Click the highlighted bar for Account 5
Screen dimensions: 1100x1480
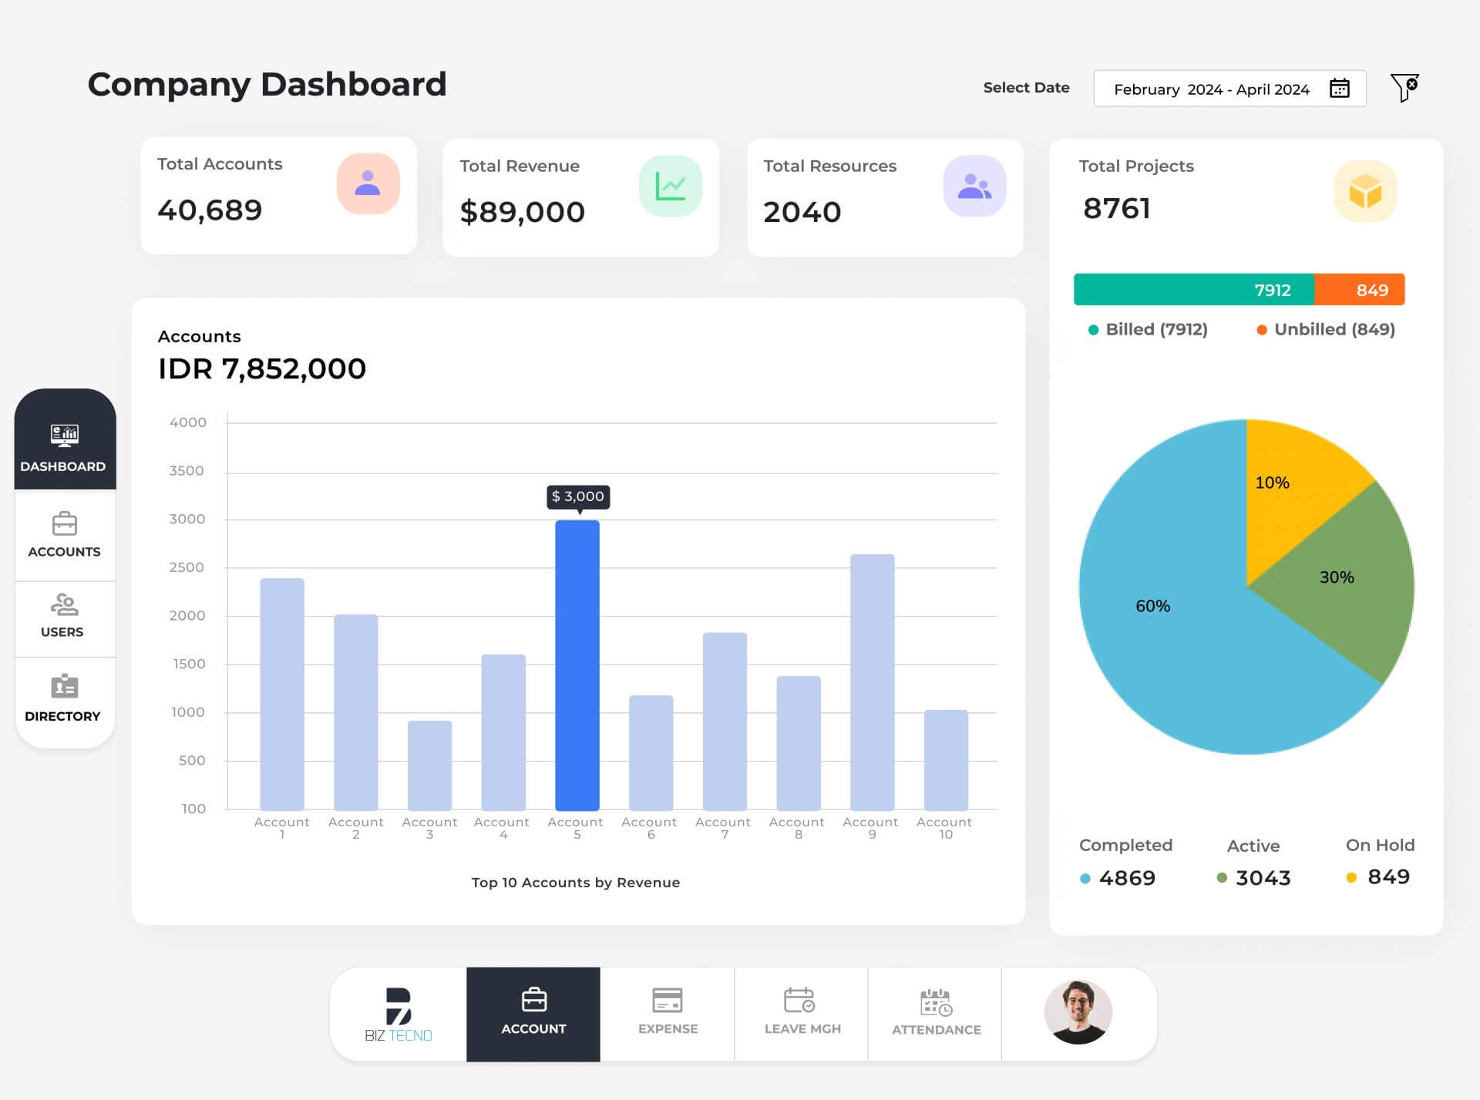click(577, 664)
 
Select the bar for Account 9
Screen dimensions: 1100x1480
click(872, 681)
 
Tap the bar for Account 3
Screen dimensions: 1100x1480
click(429, 765)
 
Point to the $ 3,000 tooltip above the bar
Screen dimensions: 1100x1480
click(578, 496)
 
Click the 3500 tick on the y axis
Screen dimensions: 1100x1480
click(187, 471)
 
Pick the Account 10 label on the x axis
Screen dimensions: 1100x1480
click(944, 827)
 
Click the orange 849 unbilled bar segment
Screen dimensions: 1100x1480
click(1360, 290)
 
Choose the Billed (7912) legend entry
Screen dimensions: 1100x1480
click(1149, 330)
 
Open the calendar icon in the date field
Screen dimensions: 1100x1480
click(1340, 89)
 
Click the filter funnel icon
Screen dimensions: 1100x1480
click(1404, 87)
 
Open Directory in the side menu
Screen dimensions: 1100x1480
click(64, 698)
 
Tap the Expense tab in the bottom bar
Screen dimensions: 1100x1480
click(668, 1012)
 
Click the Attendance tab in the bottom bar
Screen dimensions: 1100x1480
click(936, 1013)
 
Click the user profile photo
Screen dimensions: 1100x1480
click(1078, 1012)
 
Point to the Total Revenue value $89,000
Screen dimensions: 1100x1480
click(523, 212)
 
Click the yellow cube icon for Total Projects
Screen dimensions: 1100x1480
click(1365, 191)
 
